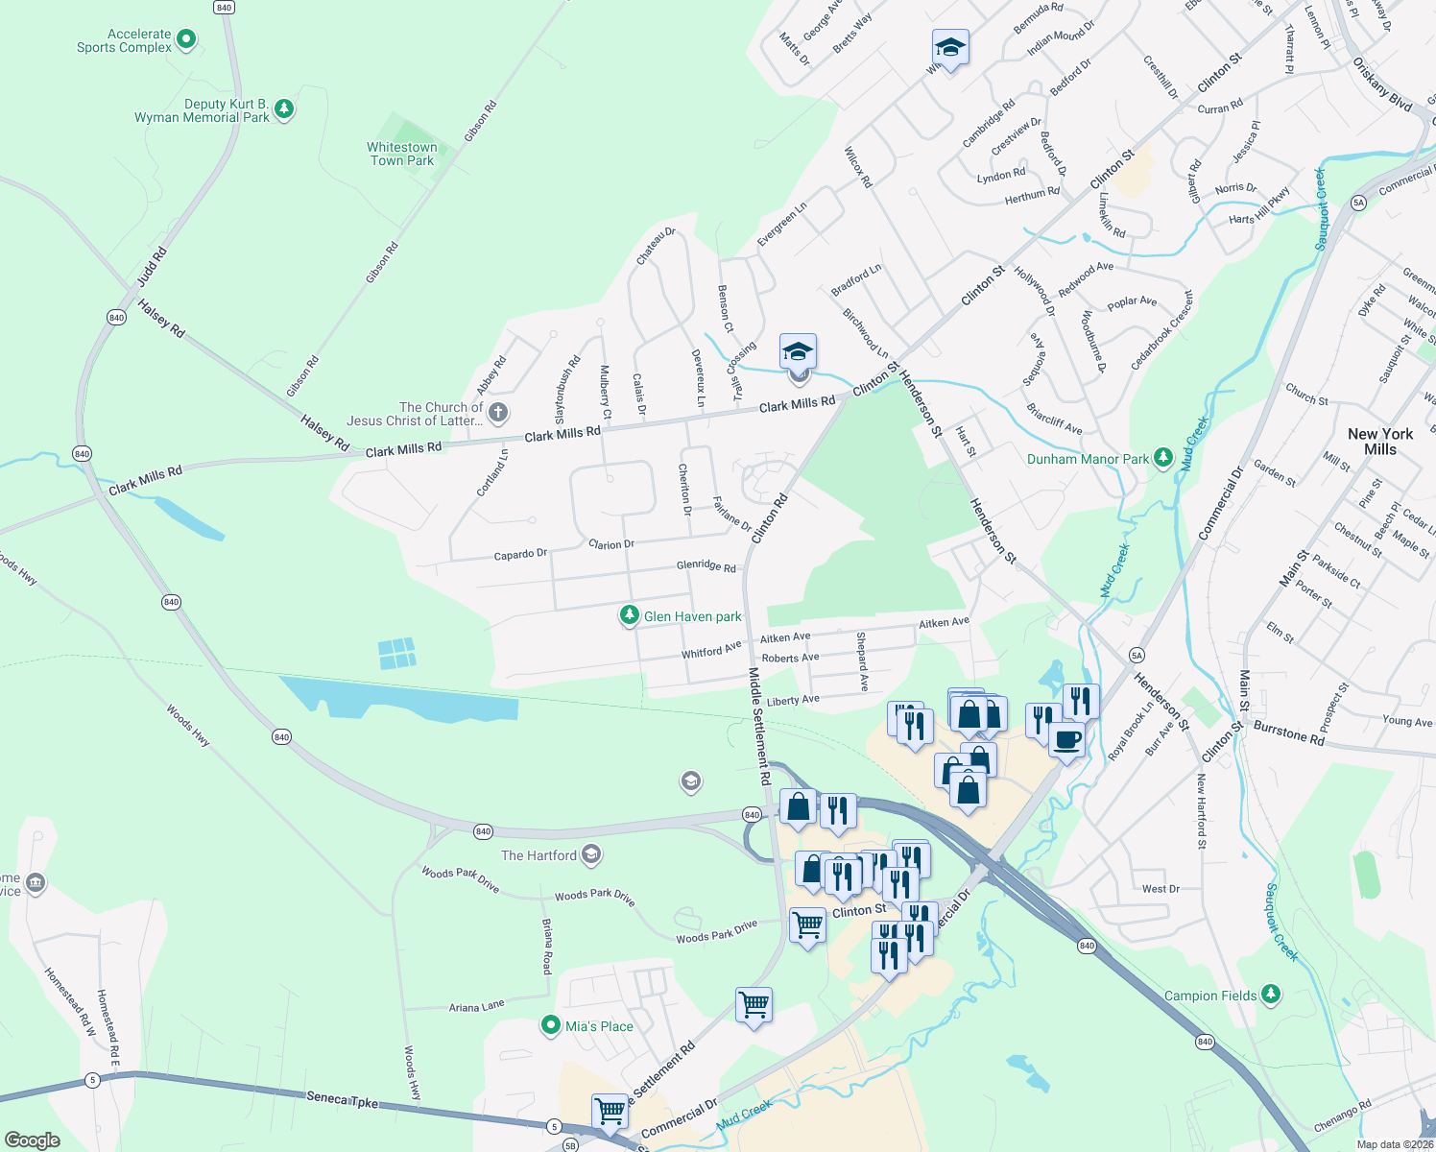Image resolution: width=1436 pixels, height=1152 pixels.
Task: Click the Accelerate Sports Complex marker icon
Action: click(x=187, y=39)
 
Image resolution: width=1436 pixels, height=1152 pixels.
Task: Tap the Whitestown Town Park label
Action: click(x=402, y=154)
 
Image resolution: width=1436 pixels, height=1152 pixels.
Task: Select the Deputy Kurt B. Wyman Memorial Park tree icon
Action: click(x=283, y=109)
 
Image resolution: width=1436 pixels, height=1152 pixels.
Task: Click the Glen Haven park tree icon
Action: click(x=629, y=615)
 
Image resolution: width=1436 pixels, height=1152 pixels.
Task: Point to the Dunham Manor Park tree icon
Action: click(x=1163, y=458)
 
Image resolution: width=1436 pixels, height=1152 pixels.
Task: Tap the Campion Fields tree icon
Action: click(x=1271, y=995)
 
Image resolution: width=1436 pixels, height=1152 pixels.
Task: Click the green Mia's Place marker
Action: click(x=550, y=1026)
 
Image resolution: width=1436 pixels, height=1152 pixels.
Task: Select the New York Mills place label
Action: click(x=1380, y=442)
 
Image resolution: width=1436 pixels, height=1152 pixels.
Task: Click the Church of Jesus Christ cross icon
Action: click(x=497, y=414)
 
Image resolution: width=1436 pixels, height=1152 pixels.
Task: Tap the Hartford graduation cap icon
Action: click(x=591, y=853)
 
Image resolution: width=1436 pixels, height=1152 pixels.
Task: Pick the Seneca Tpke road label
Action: click(x=344, y=1098)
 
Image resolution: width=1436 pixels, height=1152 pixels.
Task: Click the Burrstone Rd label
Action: click(x=1289, y=733)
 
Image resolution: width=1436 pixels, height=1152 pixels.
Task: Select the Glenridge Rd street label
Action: click(x=706, y=566)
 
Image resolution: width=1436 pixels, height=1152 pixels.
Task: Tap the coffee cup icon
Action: click(x=1066, y=740)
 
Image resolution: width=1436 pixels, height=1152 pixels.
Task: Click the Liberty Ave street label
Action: click(x=793, y=701)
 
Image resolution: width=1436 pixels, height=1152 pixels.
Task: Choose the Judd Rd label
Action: click(x=152, y=267)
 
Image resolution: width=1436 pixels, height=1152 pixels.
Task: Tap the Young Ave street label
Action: click(x=1407, y=721)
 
